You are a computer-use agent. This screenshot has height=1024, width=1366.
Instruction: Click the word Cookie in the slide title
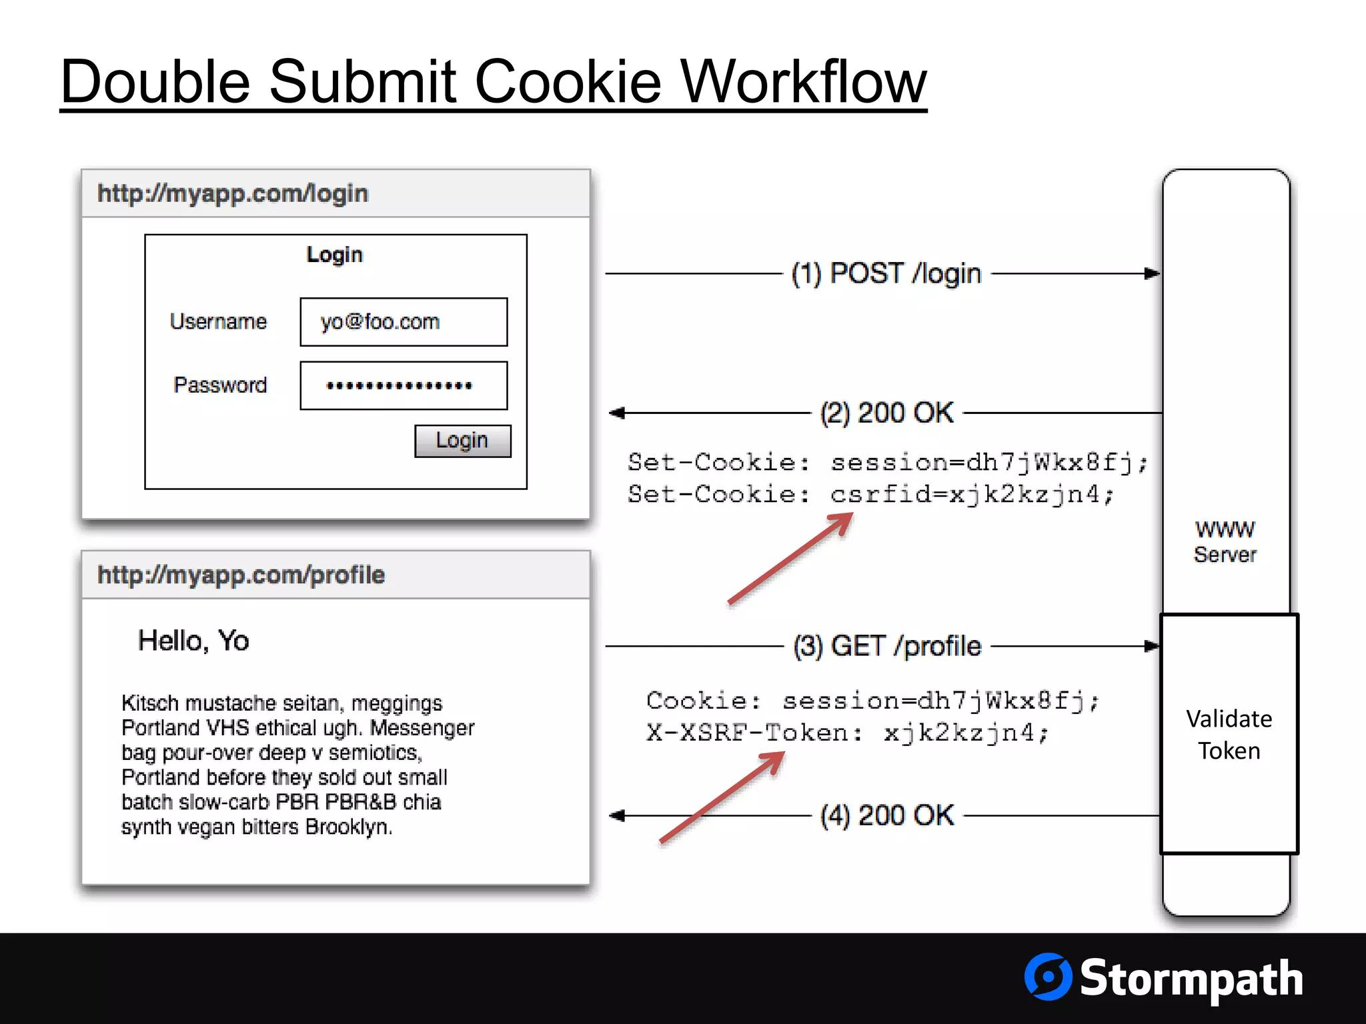567,83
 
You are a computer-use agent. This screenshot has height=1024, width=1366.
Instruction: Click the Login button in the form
462,441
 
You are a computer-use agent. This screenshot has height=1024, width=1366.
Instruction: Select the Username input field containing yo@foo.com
404,322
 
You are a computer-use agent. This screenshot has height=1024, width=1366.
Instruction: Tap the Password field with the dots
404,385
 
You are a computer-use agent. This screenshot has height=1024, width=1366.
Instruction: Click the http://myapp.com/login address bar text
233,193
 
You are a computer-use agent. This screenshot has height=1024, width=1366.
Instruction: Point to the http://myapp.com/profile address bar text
241,575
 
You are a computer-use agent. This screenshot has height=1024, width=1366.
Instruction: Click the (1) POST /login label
886,273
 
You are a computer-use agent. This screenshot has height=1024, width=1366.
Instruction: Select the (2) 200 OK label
886,413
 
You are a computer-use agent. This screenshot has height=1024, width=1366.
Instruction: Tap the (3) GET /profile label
887,646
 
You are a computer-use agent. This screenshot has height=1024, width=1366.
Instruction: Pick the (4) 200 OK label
887,815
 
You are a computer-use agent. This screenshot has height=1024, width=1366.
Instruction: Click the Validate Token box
1229,734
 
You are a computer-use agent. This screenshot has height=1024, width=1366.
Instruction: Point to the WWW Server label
1225,541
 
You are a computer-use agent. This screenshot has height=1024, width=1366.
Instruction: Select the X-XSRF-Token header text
754,733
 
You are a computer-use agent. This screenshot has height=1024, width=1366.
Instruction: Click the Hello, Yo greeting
193,641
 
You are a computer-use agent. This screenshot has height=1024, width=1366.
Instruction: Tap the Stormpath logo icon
1048,977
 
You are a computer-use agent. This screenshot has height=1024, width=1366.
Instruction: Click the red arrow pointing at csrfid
790,559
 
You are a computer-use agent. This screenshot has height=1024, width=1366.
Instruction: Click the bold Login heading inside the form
334,255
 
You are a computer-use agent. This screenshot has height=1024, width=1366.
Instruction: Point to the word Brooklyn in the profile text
348,827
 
